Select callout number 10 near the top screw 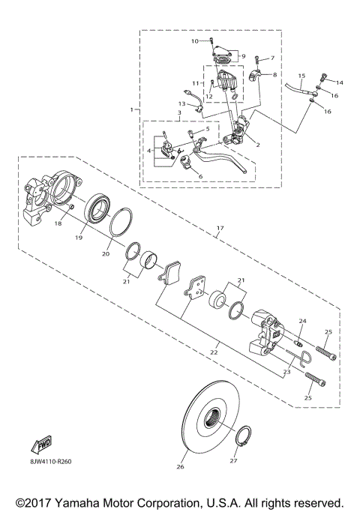194,40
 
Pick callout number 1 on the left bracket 132,109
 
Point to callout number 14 339,82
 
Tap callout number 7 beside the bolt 273,58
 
